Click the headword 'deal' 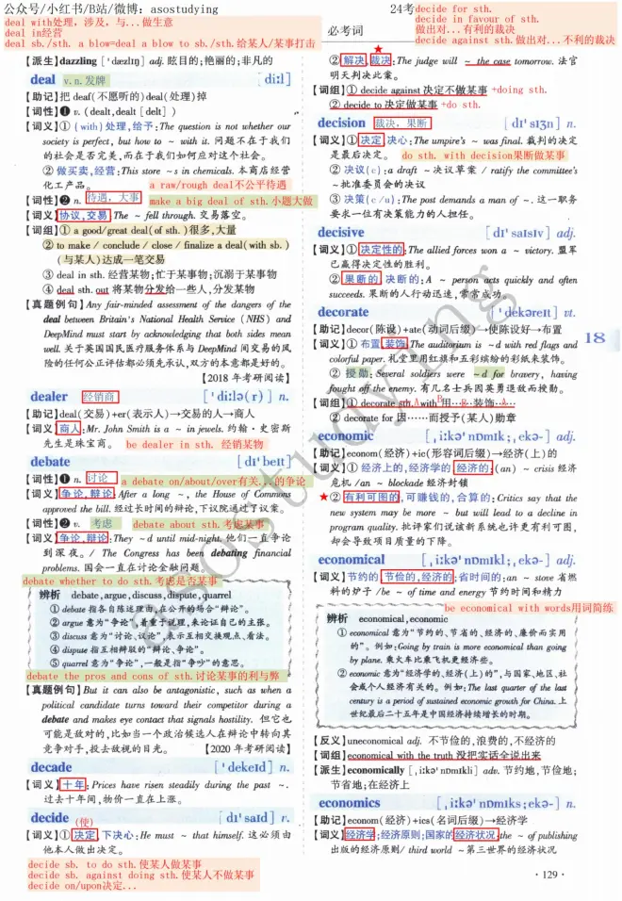pyautogui.click(x=42, y=80)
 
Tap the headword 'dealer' pyautogui.click(x=49, y=397)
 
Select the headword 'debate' pyautogui.click(x=50, y=462)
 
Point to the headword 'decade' pyautogui.click(x=51, y=767)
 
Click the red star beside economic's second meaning pyautogui.click(x=323, y=497)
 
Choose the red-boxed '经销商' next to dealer pyautogui.click(x=100, y=397)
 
